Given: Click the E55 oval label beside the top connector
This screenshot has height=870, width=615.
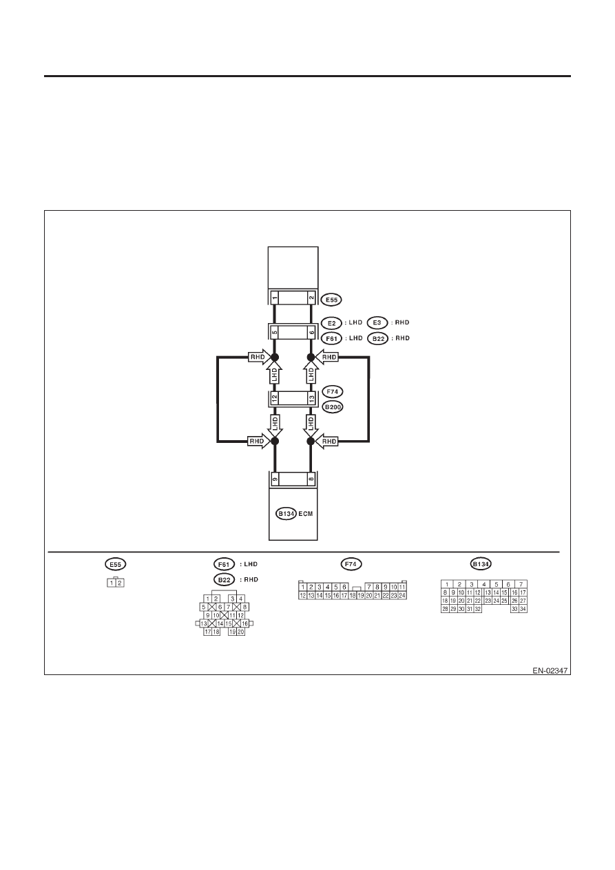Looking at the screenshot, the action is click(x=331, y=300).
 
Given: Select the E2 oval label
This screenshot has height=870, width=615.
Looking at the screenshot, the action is click(x=331, y=323).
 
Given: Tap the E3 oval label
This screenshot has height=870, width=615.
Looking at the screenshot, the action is click(x=377, y=323).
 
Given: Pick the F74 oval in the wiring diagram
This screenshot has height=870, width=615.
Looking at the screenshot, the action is click(x=333, y=392).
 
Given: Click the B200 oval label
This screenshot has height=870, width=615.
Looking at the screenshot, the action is click(x=333, y=407).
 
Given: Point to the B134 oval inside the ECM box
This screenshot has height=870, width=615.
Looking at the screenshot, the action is click(x=286, y=514).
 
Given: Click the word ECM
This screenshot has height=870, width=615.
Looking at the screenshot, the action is click(x=306, y=514).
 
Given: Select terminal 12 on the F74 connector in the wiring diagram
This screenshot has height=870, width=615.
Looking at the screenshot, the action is click(x=275, y=398).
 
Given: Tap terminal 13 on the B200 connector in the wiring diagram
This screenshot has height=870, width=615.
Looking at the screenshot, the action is click(x=311, y=398).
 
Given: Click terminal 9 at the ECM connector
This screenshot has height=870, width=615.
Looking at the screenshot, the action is click(x=275, y=479).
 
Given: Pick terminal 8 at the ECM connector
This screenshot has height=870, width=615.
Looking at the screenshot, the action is click(x=311, y=479).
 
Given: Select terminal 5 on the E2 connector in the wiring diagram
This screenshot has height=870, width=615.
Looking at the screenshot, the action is click(x=275, y=332).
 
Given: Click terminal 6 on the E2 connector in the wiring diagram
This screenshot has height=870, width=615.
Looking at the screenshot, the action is click(x=311, y=332).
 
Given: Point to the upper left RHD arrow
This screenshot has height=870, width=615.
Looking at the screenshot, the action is click(x=258, y=357).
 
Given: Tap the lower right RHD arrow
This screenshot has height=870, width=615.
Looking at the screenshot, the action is click(x=327, y=442).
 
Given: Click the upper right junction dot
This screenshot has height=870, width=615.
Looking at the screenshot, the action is click(x=311, y=357).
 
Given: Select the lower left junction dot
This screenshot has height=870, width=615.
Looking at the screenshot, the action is click(x=275, y=442).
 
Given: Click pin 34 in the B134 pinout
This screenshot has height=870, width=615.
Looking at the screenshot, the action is click(x=523, y=609).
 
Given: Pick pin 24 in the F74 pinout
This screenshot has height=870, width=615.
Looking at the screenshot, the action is click(x=402, y=595).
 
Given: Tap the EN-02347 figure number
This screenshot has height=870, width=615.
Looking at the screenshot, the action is click(x=550, y=671).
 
